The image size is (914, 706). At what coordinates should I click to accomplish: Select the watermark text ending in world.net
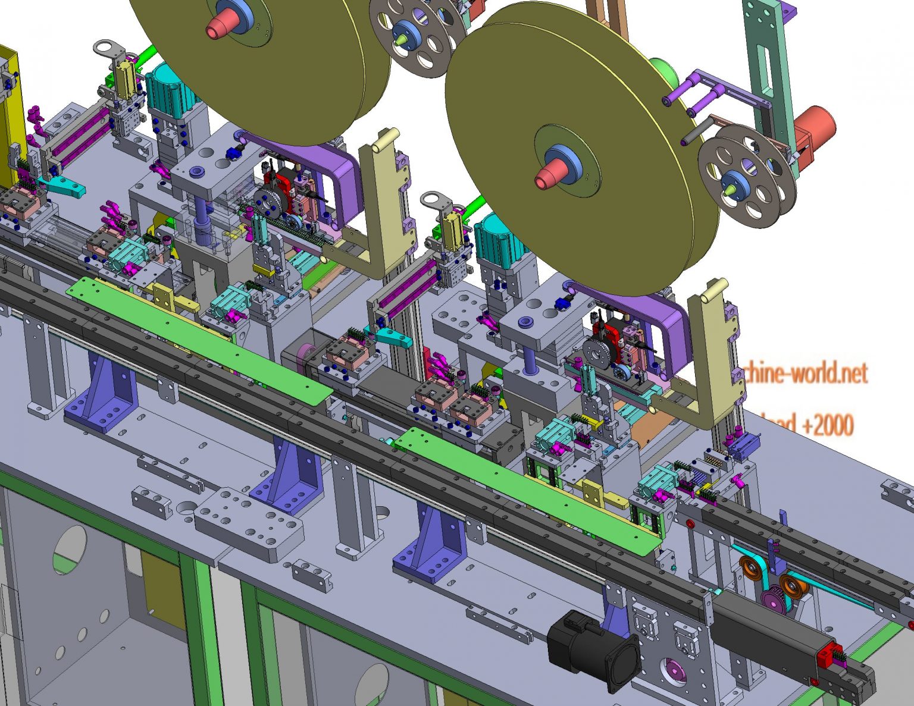pyautogui.click(x=803, y=374)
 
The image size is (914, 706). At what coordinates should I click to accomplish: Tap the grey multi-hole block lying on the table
pyautogui.click(x=248, y=523)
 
